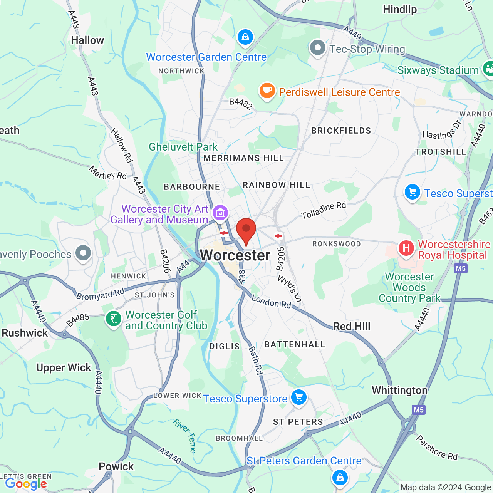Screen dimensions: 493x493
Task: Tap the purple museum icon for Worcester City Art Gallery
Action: [220, 213]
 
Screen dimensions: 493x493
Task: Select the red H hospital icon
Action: [406, 248]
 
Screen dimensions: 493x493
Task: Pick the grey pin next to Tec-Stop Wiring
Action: [318, 48]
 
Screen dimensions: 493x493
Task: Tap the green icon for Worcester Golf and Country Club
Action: [114, 319]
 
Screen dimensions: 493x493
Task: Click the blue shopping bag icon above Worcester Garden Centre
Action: [245, 37]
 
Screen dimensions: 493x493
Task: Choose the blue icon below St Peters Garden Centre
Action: [340, 478]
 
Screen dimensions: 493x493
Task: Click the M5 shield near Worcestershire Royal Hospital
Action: [461, 268]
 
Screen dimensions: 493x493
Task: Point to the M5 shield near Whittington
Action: [419, 410]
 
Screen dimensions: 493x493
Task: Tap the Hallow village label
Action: [87, 40]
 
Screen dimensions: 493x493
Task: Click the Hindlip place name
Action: [400, 10]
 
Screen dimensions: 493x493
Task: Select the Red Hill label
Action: [352, 327]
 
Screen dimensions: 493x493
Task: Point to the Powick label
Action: [116, 467]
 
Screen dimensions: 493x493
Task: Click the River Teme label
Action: [185, 436]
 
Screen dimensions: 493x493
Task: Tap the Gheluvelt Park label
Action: [183, 147]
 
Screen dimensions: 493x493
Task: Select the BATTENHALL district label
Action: [295, 345]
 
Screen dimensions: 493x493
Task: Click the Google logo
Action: [26, 484]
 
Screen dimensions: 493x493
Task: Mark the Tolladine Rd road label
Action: [324, 210]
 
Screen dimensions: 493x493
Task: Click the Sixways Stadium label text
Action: [438, 70]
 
